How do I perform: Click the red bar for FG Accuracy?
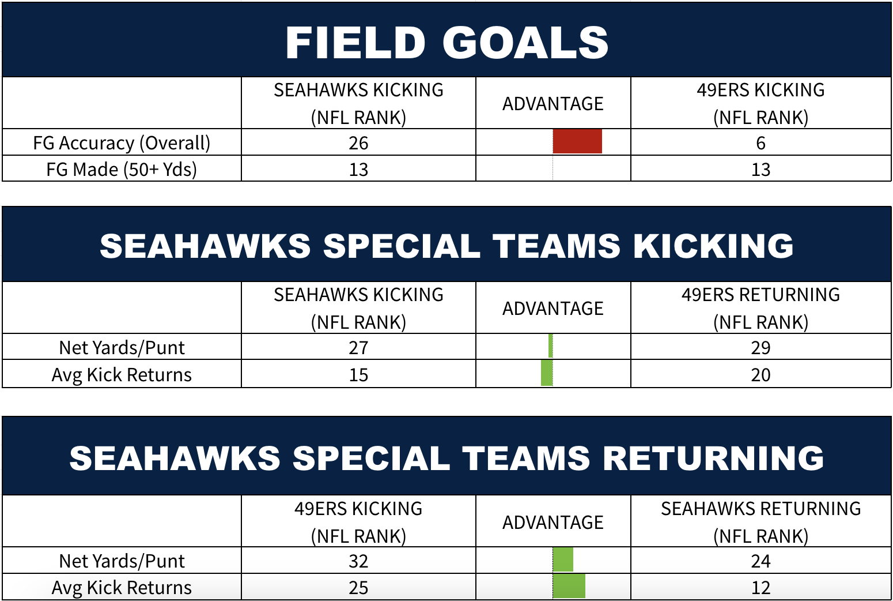[x=577, y=141]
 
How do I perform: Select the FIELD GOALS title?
[x=447, y=43]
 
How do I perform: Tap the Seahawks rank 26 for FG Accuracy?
[x=358, y=143]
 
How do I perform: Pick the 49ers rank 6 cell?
[x=760, y=143]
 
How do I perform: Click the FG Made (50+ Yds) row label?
[x=122, y=169]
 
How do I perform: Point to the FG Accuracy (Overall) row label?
[x=122, y=143]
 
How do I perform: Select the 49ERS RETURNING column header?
[x=760, y=308]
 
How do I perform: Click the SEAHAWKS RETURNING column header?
[x=760, y=522]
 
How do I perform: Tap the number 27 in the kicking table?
[x=358, y=348]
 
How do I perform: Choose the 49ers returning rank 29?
[x=760, y=348]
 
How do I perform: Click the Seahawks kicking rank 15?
[x=358, y=375]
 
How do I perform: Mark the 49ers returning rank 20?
[x=760, y=375]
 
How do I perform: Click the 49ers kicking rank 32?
[x=358, y=561]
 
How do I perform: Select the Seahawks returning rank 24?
[x=760, y=561]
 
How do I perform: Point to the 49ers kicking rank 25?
[x=358, y=588]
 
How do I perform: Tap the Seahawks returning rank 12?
[x=760, y=588]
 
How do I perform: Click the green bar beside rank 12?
[x=569, y=586]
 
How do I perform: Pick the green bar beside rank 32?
[x=563, y=559]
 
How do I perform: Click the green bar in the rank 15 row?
[x=547, y=373]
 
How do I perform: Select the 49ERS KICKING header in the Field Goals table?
[x=760, y=103]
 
